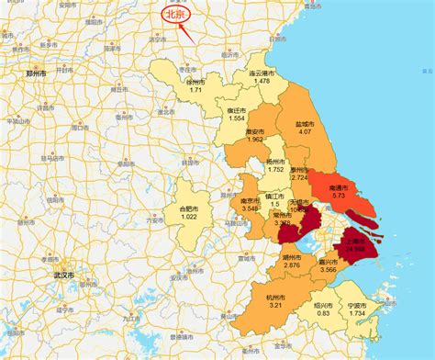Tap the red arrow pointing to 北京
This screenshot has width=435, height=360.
190,28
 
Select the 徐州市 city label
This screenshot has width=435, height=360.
196,81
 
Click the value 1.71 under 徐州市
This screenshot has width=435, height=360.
196,89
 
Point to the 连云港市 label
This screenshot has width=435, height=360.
262,73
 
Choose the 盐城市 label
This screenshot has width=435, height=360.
305,123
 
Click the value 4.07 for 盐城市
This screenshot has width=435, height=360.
305,131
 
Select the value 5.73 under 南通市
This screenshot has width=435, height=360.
339,196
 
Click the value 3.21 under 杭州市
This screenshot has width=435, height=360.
275,305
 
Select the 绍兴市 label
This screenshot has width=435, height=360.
323,305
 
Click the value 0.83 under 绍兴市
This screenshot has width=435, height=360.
323,313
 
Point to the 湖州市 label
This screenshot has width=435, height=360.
292,257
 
